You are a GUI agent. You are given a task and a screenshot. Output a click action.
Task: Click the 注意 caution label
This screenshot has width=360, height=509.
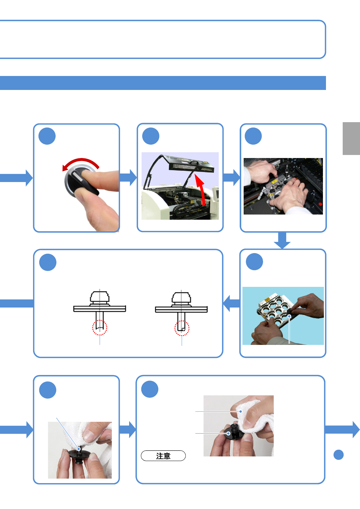[163, 456]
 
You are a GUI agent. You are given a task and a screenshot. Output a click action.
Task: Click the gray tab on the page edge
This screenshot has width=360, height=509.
[351, 139]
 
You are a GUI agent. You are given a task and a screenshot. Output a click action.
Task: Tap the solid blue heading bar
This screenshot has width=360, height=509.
[163, 83]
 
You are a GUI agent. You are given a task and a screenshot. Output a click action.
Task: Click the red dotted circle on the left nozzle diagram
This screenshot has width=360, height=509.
[100, 328]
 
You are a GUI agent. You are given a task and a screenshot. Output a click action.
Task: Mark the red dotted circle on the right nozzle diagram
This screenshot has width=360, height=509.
[182, 328]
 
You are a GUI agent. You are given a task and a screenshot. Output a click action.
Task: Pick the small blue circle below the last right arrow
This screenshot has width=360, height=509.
[338, 455]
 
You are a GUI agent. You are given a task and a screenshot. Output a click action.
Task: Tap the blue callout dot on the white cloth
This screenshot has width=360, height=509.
[241, 411]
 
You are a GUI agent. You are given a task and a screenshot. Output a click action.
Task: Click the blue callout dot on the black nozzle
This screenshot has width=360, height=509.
[228, 433]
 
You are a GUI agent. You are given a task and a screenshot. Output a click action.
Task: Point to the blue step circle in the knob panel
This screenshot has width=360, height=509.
[47, 136]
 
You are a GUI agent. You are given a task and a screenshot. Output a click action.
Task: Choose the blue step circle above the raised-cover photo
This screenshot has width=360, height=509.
[151, 136]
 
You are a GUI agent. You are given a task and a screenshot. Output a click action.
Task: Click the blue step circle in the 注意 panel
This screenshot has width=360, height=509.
[150, 389]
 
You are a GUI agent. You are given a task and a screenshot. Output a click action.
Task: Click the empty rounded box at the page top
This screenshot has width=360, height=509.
[163, 40]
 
